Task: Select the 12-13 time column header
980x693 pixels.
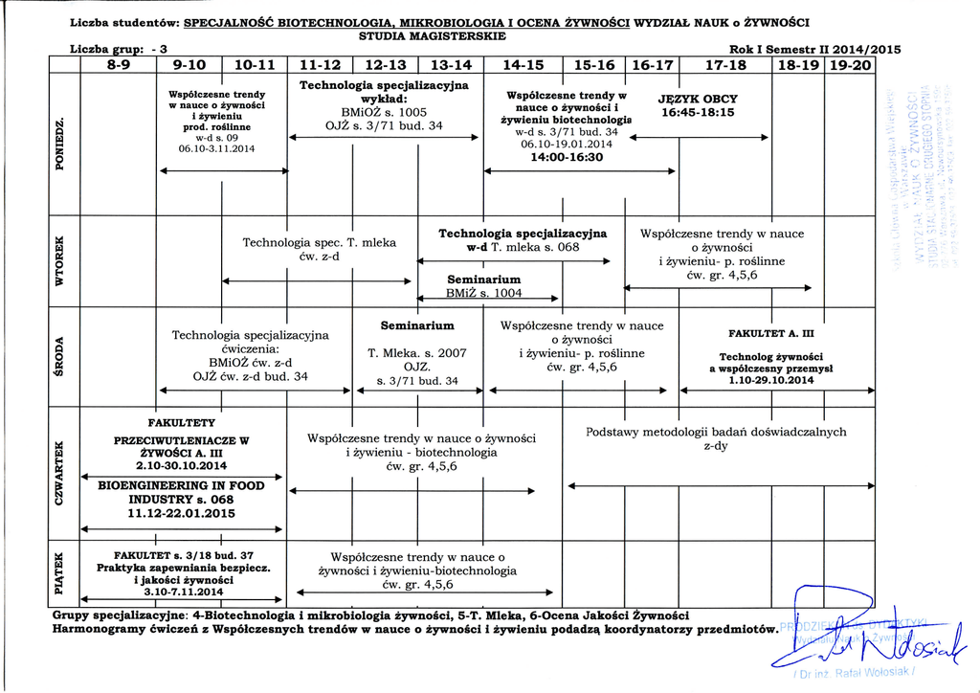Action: coord(385,66)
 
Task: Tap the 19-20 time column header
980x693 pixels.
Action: coord(850,66)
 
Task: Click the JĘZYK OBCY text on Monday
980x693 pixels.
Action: coord(699,99)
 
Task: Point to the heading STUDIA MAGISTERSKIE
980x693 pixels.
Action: coord(432,35)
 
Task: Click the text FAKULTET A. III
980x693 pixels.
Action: coord(770,334)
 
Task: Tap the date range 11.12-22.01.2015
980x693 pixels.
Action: coord(182,513)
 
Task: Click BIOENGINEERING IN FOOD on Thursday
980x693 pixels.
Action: coord(182,485)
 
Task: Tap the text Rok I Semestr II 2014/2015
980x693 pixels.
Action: coord(814,50)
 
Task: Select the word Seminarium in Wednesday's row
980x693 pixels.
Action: coord(417,326)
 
